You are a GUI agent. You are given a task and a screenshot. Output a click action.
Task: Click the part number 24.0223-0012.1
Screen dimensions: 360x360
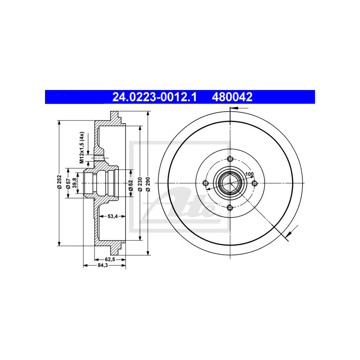click(154, 97)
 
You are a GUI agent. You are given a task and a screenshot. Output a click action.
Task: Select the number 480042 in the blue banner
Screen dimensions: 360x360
click(232, 97)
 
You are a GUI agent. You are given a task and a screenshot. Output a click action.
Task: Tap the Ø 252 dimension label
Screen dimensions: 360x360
click(60, 182)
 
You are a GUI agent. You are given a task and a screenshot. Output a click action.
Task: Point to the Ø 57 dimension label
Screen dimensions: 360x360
click(68, 184)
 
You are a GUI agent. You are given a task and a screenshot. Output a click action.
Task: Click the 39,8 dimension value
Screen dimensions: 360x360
click(74, 183)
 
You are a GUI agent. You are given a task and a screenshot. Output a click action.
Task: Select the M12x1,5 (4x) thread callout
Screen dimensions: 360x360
click(82, 148)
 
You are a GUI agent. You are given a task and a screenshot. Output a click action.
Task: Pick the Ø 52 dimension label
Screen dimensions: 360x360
click(131, 185)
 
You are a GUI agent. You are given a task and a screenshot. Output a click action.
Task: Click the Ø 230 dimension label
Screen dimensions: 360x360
click(140, 184)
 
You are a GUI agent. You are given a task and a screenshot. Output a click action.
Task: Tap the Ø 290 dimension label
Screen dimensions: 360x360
click(148, 184)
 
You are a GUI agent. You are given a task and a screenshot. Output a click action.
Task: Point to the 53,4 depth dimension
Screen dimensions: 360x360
click(112, 216)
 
